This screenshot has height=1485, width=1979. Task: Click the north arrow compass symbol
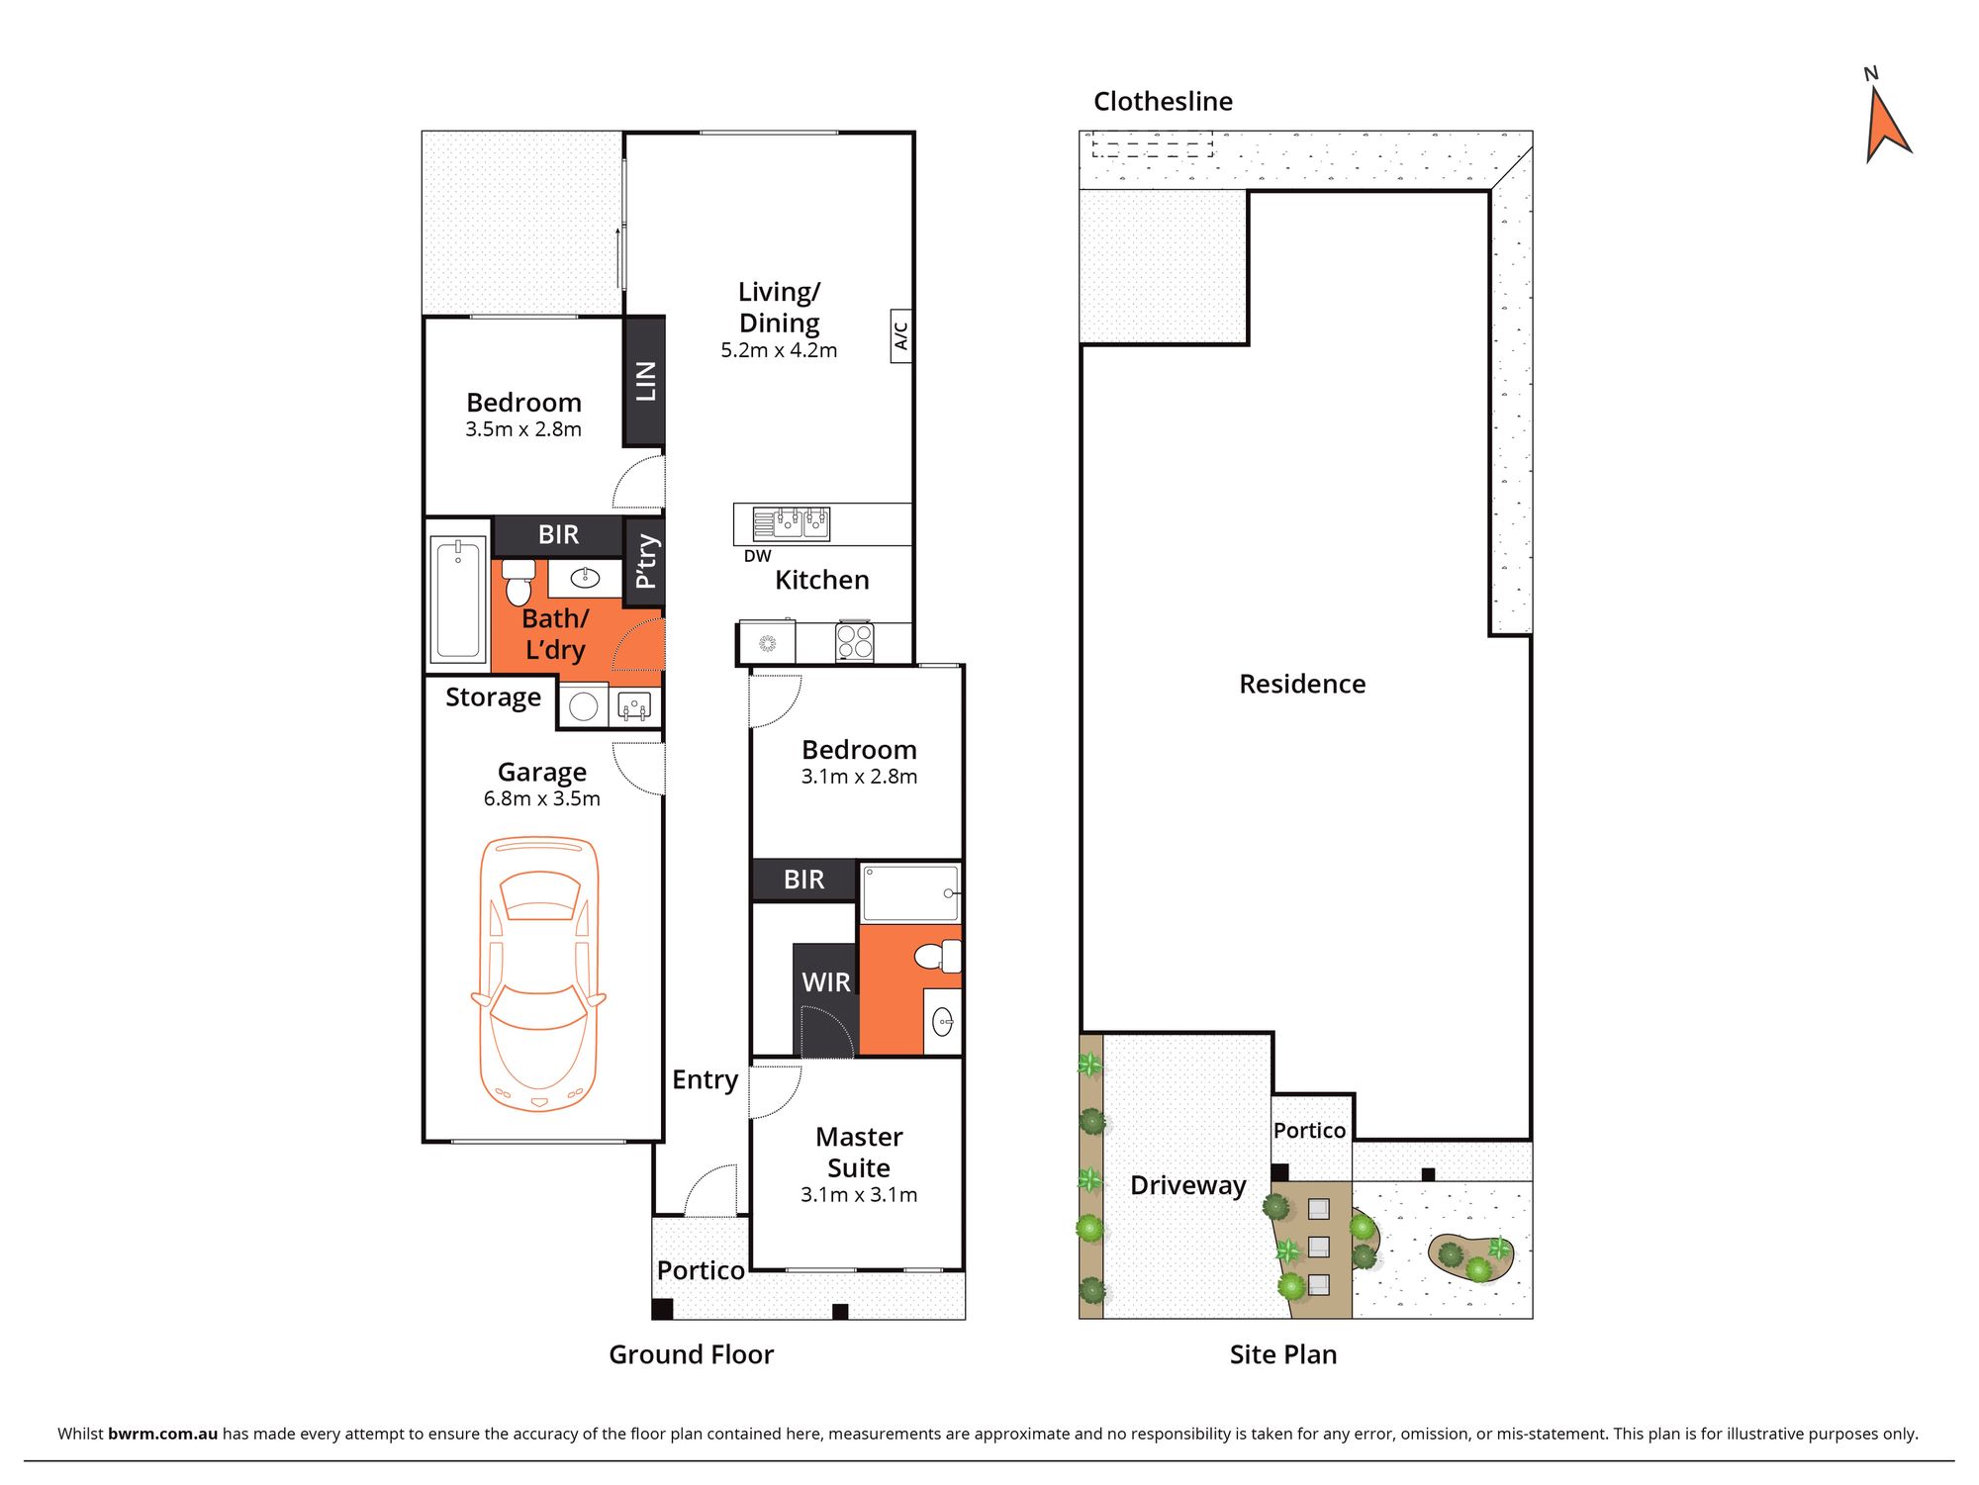click(x=1886, y=124)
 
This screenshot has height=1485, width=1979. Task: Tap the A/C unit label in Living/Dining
click(x=900, y=336)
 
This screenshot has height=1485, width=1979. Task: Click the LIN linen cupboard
click(x=644, y=381)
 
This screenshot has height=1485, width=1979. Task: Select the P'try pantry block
click(x=645, y=561)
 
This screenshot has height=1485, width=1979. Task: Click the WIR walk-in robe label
click(x=825, y=982)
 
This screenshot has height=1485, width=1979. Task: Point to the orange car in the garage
click(x=539, y=975)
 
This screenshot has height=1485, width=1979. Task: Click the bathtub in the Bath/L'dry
click(x=458, y=598)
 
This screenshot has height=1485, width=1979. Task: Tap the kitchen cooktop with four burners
click(x=854, y=640)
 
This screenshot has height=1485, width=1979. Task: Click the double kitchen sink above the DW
click(x=792, y=522)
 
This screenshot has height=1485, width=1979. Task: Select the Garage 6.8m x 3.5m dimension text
click(x=541, y=798)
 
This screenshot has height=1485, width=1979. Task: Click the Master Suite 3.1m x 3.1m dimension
click(x=858, y=1195)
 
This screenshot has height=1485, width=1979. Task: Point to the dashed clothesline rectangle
click(x=1153, y=147)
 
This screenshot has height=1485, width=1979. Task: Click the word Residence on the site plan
click(x=1302, y=684)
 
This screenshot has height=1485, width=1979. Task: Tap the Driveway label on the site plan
click(x=1187, y=1185)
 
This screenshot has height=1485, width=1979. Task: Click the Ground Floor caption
click(x=691, y=1354)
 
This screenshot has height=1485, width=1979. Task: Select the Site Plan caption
click(x=1282, y=1354)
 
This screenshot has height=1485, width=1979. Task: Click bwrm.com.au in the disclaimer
click(x=162, y=1434)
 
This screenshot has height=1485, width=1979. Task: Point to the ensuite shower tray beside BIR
click(x=908, y=893)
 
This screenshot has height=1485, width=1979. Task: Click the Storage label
click(x=493, y=696)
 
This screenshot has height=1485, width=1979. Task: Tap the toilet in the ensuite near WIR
click(x=936, y=957)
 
